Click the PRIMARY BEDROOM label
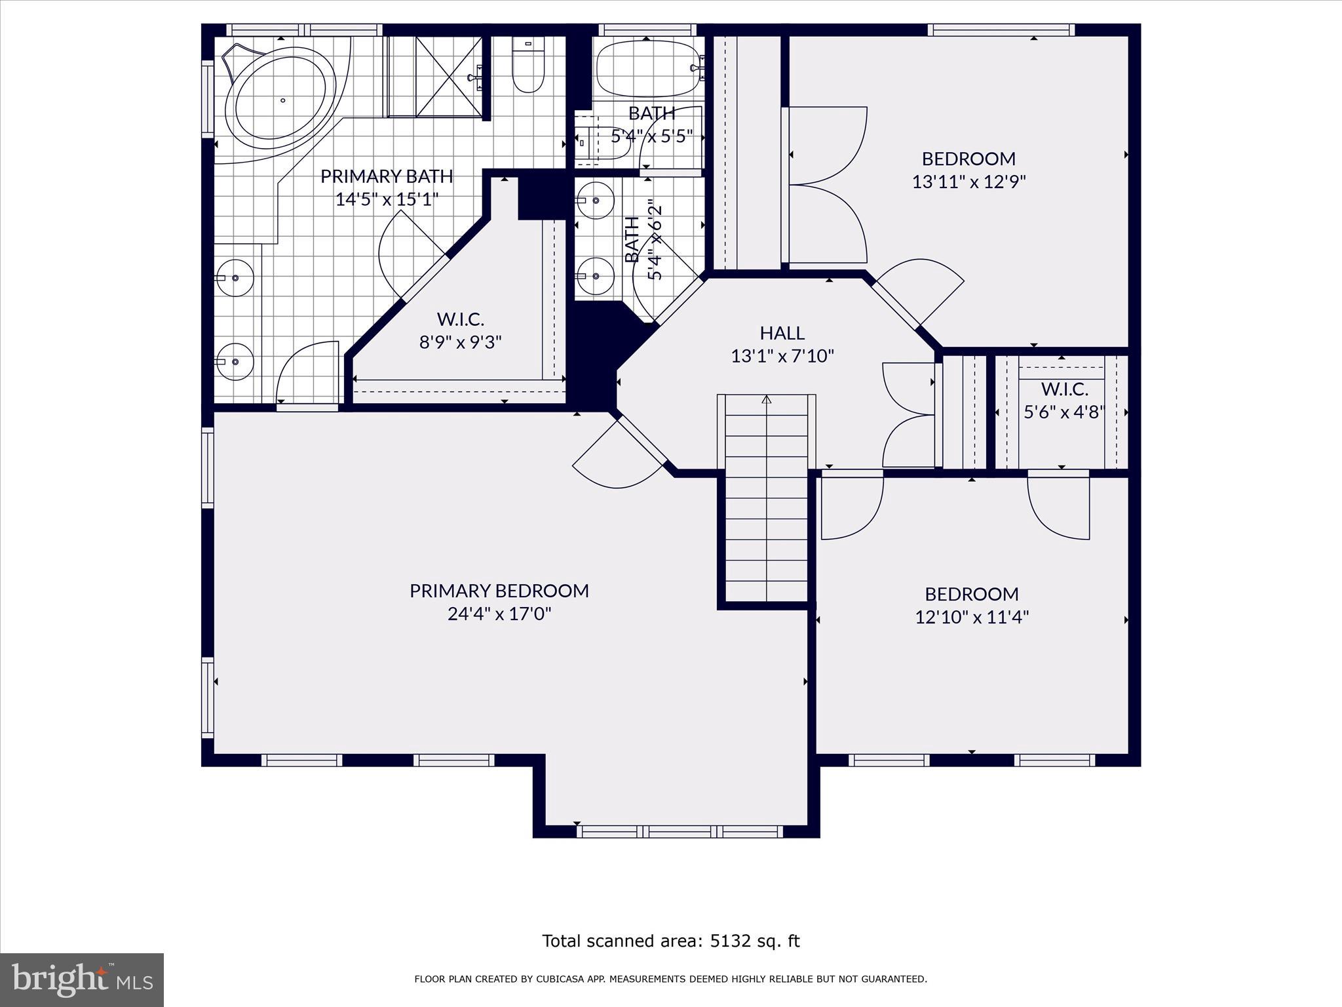click(499, 591)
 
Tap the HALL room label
click(782, 333)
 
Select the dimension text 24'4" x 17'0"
click(499, 614)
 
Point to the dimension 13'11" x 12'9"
click(969, 182)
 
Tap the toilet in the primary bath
click(528, 65)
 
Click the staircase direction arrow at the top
click(767, 399)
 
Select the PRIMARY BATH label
click(387, 176)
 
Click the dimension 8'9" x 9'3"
click(461, 342)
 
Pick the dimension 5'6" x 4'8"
click(1065, 412)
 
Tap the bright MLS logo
click(82, 979)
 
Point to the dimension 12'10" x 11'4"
click(972, 617)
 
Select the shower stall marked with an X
click(450, 77)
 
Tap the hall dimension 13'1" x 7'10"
click(782, 356)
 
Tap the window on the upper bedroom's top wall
click(1001, 30)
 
